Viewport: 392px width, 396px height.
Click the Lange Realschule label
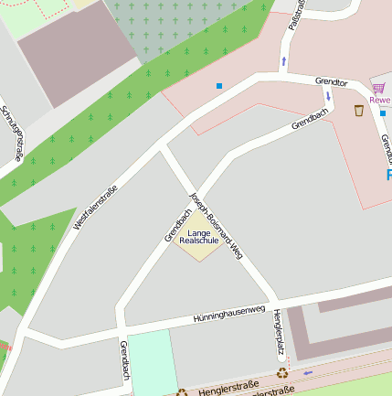199,236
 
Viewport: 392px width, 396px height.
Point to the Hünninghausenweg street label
228,314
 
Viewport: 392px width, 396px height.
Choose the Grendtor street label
331,82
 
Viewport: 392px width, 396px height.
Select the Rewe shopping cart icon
378,89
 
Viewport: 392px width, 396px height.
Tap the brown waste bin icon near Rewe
359,111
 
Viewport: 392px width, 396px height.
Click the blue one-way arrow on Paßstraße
283,61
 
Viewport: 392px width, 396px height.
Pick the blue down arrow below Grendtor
327,96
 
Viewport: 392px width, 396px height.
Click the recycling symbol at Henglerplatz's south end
281,372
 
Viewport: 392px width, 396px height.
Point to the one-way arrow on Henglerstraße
308,372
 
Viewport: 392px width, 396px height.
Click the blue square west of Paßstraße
219,86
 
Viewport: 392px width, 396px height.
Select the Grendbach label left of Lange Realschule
178,225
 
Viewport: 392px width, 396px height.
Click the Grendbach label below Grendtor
310,118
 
